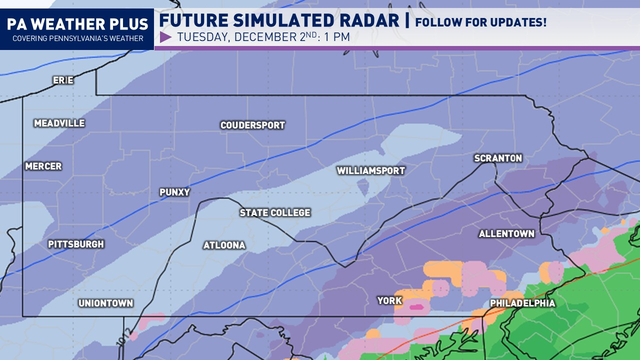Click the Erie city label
click(63, 80)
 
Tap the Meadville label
click(59, 123)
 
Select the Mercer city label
click(43, 166)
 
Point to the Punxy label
click(174, 192)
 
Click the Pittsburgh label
click(76, 244)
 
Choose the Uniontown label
click(105, 303)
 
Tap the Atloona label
click(224, 245)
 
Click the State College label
click(275, 212)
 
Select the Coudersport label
click(252, 125)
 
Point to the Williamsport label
click(370, 170)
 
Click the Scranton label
click(498, 158)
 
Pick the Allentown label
click(506, 233)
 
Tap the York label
click(389, 300)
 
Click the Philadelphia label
click(522, 303)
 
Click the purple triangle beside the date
click(165, 37)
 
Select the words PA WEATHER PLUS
click(77, 24)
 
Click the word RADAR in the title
click(368, 21)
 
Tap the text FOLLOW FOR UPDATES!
click(481, 22)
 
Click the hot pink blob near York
click(416, 307)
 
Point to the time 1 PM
click(336, 37)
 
